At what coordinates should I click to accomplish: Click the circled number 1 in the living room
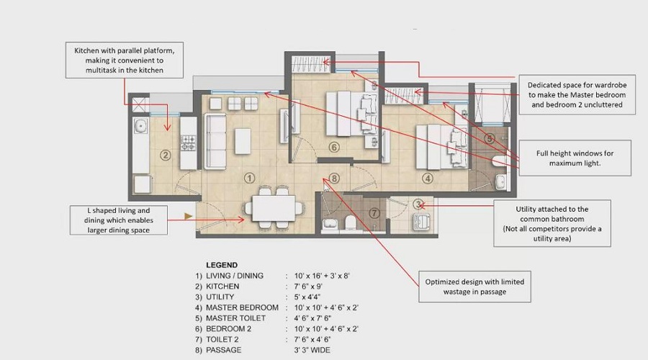[249, 177]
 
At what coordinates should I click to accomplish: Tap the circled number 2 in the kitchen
[165, 154]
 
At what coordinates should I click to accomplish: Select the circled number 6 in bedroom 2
[333, 148]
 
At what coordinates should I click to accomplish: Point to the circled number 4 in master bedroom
[427, 178]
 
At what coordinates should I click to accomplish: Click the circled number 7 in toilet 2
[373, 213]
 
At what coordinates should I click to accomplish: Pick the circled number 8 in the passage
[333, 178]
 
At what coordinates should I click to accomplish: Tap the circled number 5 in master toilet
[489, 138]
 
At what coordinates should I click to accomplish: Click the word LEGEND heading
[222, 265]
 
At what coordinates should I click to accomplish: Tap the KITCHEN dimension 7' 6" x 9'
[315, 287]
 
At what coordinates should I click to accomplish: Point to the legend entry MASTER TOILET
[235, 318]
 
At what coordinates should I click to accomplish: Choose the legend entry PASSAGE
[230, 349]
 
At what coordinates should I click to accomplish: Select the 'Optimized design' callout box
[475, 286]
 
